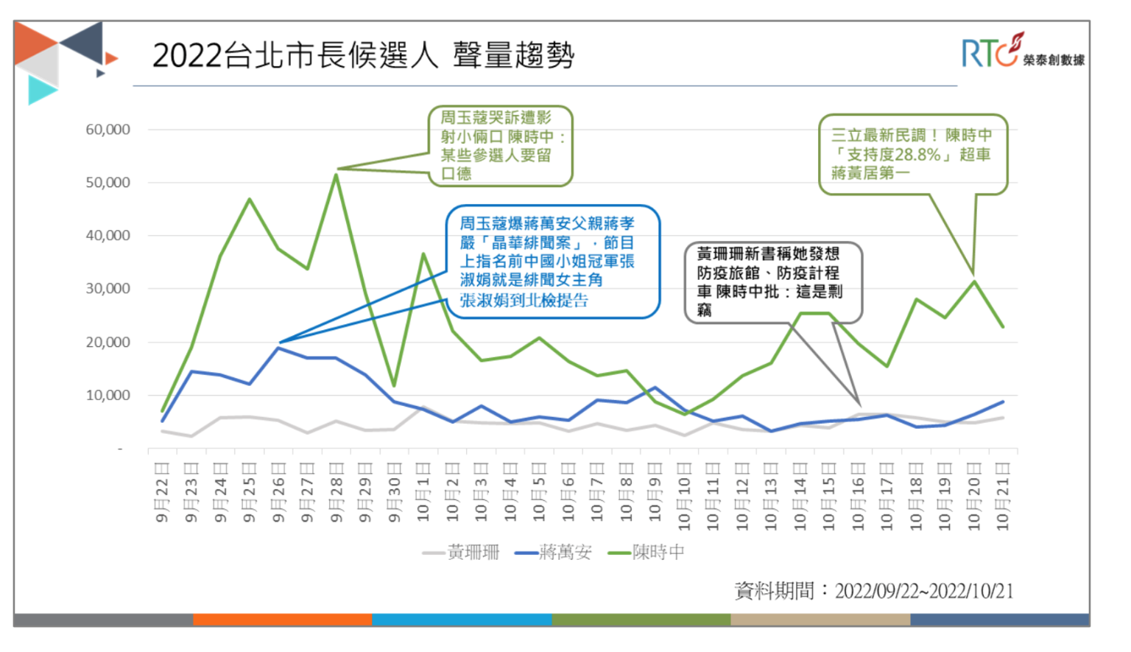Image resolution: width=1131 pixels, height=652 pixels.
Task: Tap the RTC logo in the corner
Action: pos(1022,51)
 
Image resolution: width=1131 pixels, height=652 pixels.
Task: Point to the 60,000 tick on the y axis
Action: pos(108,130)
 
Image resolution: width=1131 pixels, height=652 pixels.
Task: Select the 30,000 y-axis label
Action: pos(108,289)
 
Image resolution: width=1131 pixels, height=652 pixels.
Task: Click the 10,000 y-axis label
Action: pos(108,396)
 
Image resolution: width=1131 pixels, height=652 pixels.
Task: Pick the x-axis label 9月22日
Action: pos(162,493)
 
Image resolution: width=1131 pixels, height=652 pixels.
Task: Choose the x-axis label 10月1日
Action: pos(423,493)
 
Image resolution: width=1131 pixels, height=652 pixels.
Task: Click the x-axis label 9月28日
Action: pos(337,493)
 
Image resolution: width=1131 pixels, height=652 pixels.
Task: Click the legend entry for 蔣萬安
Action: pos(554,552)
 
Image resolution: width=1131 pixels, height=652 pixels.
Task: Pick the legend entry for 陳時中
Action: pos(646,552)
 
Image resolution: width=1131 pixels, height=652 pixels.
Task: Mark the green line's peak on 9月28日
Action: pos(337,175)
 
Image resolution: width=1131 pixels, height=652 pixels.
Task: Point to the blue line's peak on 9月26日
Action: pos(278,348)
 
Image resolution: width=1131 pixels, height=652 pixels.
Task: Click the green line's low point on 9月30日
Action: pos(395,385)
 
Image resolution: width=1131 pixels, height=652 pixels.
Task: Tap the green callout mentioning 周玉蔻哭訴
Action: pos(500,145)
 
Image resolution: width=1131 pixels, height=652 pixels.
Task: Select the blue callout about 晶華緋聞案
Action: pos(552,262)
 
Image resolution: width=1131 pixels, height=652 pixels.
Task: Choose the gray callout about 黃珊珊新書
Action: pos(772,282)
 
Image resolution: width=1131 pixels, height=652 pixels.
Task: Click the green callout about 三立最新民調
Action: pos(912,154)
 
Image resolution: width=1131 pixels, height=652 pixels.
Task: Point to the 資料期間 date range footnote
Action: pos(873,591)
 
